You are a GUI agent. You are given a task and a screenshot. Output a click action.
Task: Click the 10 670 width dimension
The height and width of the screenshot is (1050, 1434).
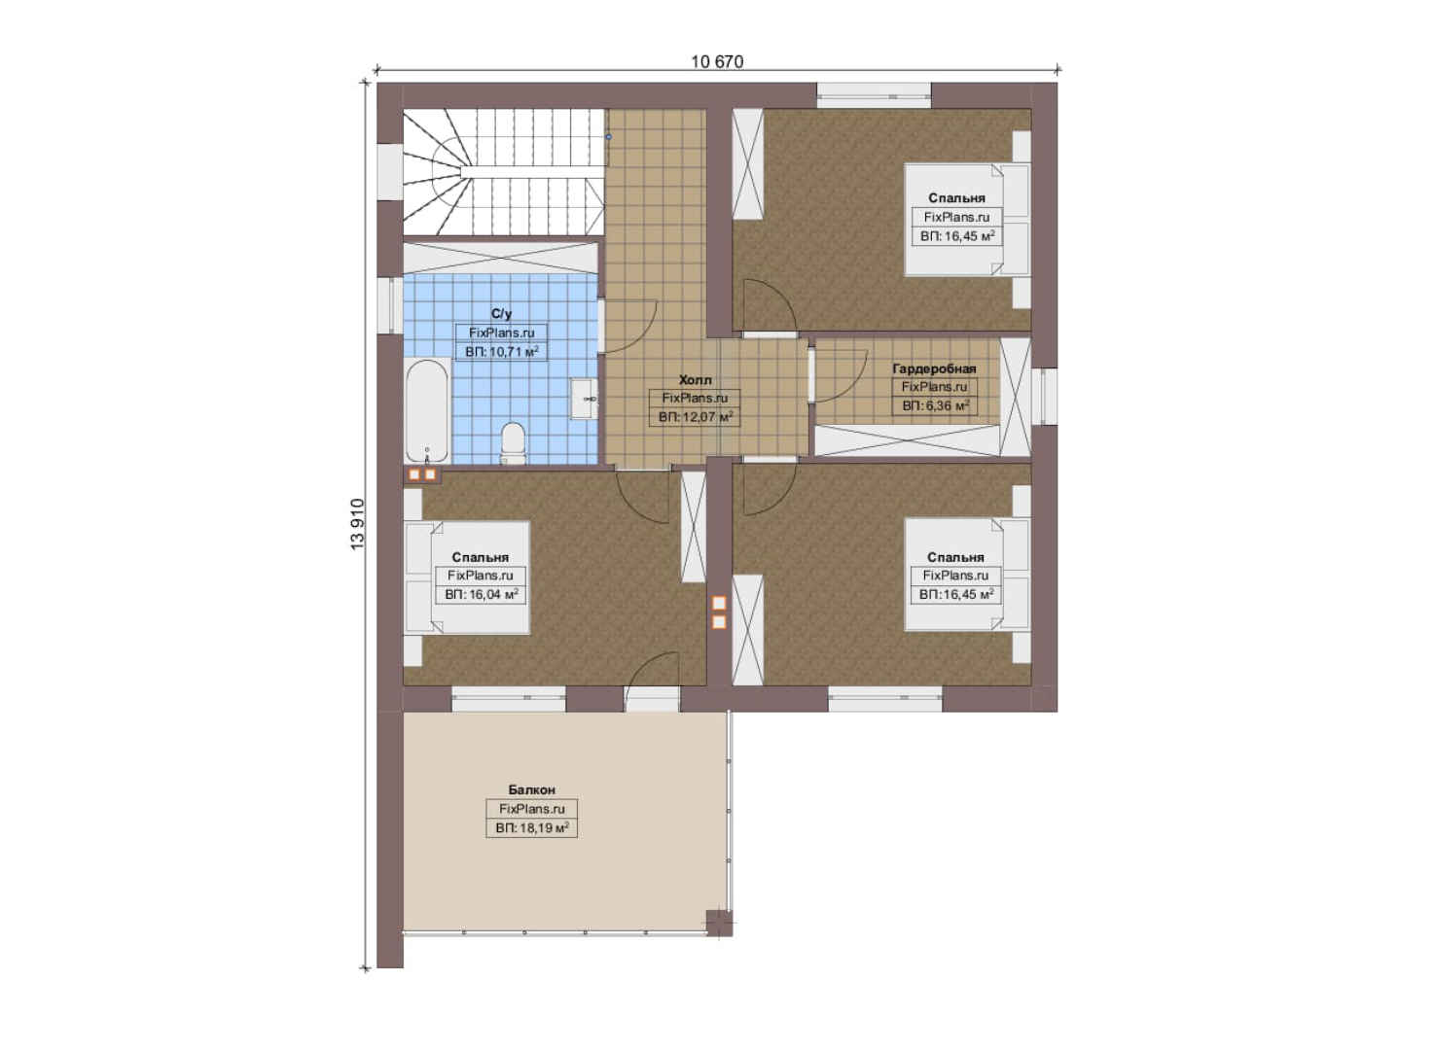coord(717,61)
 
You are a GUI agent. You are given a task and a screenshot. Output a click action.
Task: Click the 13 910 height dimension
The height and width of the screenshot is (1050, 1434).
coord(357,523)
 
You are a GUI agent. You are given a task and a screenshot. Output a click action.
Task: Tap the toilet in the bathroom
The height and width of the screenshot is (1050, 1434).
coord(513,442)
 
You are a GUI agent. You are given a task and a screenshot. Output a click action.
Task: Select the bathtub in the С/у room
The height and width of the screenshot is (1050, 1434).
coord(427,411)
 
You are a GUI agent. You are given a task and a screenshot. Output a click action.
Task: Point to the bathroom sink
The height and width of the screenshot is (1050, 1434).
coord(585,399)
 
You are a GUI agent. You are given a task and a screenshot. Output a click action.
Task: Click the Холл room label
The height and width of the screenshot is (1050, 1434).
coord(696,380)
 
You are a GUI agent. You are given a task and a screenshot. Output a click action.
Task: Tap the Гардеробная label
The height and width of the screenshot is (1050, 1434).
coord(934,368)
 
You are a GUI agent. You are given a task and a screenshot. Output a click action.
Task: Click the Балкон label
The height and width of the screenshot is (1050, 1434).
coord(532,789)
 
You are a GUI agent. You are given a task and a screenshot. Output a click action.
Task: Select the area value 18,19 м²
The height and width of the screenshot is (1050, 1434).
coord(532,828)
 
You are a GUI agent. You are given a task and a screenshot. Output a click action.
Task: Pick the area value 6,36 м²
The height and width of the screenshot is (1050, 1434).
coord(935,405)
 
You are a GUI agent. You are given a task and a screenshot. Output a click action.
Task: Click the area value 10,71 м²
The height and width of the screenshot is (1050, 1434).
coord(501,352)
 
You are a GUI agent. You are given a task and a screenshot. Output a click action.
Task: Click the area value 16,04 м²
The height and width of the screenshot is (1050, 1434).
coord(481,594)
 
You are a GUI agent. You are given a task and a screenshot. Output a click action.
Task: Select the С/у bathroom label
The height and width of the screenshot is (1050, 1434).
coord(501,313)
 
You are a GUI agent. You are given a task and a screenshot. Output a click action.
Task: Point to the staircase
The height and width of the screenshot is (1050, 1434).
coord(504,172)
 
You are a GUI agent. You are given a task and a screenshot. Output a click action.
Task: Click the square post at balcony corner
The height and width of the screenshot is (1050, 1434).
coord(719,923)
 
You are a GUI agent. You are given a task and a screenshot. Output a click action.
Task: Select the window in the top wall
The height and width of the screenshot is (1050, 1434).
coord(874,96)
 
